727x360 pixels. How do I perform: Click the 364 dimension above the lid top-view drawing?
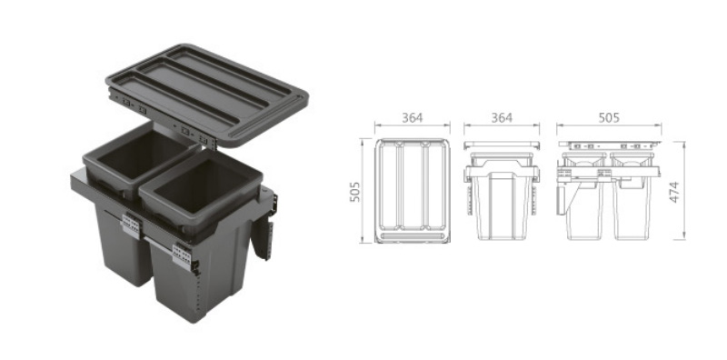(x=413, y=118)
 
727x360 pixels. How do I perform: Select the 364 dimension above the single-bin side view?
(x=502, y=118)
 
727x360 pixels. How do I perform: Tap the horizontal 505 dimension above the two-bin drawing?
(x=609, y=118)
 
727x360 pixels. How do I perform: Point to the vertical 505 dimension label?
(x=354, y=192)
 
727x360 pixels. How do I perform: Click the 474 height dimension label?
(x=674, y=192)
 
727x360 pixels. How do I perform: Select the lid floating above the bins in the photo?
(x=207, y=95)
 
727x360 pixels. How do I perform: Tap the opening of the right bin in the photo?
(x=200, y=185)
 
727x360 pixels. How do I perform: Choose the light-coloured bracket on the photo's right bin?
(x=183, y=256)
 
